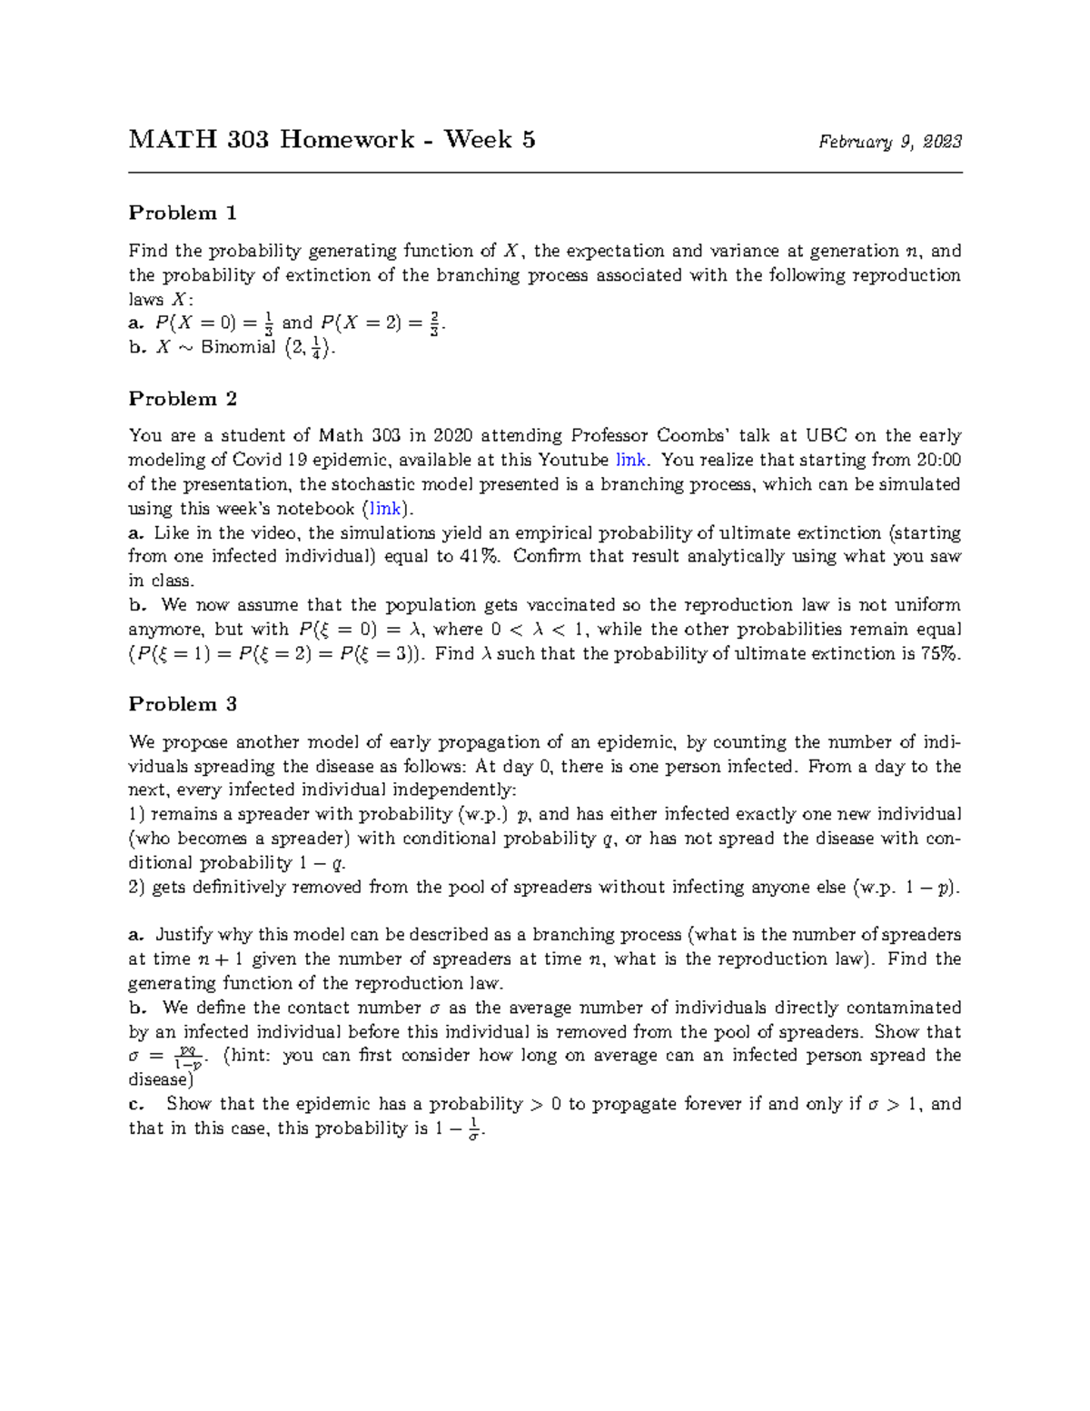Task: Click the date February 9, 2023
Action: pos(890,142)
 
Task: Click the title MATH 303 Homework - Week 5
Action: pos(332,140)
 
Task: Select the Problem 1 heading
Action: pos(183,214)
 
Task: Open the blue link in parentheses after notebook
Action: pos(382,509)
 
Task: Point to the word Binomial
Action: pos(238,347)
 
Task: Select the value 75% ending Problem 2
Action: pos(939,654)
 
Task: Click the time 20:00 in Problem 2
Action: pos(939,460)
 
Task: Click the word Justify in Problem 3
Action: pos(184,935)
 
